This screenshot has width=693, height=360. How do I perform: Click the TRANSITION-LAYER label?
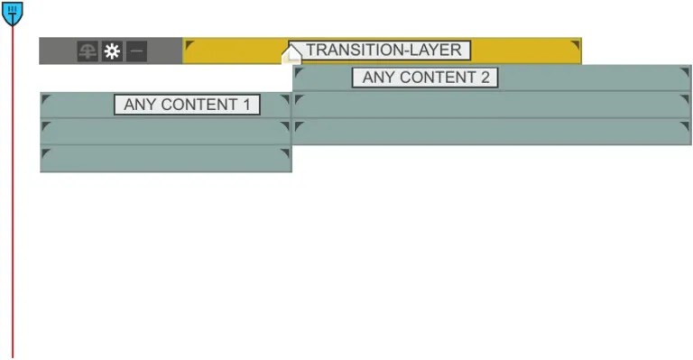(x=379, y=51)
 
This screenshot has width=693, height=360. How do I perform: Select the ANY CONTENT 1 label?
(x=187, y=105)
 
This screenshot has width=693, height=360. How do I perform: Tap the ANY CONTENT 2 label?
(x=425, y=78)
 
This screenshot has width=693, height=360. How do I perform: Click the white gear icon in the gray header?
(x=112, y=51)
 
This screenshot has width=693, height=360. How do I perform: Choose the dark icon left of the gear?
(x=88, y=51)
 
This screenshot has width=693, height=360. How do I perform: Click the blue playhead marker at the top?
(x=13, y=13)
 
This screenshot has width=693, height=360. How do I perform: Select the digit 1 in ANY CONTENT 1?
(x=246, y=105)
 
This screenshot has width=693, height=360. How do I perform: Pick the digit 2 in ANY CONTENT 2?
(x=485, y=78)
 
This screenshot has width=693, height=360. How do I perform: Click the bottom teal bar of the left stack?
(x=165, y=159)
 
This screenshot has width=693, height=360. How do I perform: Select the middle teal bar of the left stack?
(x=165, y=132)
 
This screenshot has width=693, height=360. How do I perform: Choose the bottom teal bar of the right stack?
(x=492, y=132)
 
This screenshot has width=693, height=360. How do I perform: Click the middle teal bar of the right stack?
(x=492, y=105)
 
